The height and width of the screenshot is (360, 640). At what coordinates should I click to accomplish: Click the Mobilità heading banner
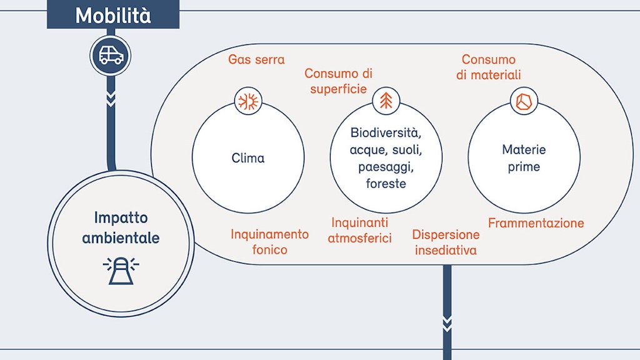pos(113,15)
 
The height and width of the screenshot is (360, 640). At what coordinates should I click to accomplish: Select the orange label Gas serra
pos(256,60)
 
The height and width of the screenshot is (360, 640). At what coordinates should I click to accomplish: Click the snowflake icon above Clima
pos(247,101)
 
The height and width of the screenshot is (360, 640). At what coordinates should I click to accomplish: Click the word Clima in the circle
pos(248,158)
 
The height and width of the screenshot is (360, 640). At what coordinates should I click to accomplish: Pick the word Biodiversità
pos(386,133)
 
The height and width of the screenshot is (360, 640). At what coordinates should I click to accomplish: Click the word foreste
pos(386,184)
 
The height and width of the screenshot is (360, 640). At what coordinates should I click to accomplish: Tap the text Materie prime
pos(524,159)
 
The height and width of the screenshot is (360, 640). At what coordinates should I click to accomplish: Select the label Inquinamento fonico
pos(269,242)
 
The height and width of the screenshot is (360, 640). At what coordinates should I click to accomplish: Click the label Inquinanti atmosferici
pos(360,230)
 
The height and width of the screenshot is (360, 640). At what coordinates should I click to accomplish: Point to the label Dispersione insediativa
pos(446,242)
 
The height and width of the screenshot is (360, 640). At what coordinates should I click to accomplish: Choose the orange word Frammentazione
pos(536,223)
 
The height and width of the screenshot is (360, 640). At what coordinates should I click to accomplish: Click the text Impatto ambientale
pos(121,228)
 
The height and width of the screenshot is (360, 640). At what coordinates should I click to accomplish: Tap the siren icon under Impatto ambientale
pos(121,271)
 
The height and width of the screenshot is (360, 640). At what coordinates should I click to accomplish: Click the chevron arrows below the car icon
pos(111,99)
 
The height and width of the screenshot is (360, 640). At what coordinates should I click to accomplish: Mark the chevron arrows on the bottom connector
pos(447,322)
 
